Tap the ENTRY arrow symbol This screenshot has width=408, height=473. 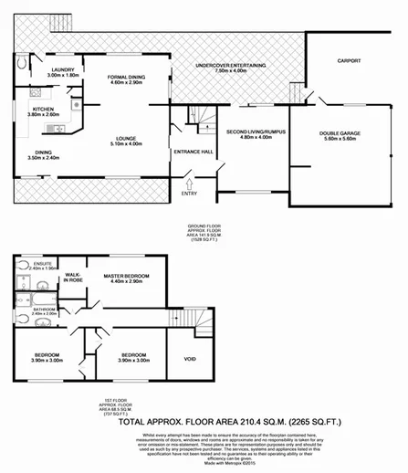click(190, 183)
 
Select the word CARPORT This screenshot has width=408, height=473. click(350, 61)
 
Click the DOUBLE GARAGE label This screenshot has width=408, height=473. click(340, 132)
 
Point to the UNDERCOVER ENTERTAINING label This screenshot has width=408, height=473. click(233, 67)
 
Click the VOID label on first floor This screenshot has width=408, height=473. click(190, 359)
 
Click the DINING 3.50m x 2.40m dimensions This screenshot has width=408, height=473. click(42, 157)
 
